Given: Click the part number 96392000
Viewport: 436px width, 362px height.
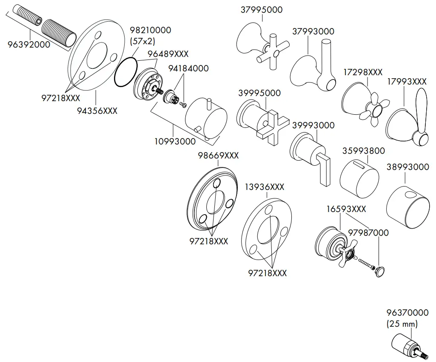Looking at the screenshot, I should [29, 44].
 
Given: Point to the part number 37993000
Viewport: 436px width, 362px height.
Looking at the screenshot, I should [313, 31].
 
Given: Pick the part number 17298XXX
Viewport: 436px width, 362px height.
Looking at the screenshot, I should [363, 73].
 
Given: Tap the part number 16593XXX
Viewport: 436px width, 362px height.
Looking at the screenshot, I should [346, 209].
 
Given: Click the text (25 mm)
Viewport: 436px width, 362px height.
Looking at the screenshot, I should [402, 324].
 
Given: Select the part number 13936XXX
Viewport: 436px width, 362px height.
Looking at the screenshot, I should [265, 187].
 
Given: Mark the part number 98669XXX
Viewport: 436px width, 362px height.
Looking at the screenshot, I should [218, 156].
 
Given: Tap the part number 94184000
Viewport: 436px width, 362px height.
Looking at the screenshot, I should [188, 68].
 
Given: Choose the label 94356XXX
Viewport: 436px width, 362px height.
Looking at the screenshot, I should [97, 111].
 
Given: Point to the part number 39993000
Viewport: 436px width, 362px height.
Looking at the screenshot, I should [313, 126].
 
